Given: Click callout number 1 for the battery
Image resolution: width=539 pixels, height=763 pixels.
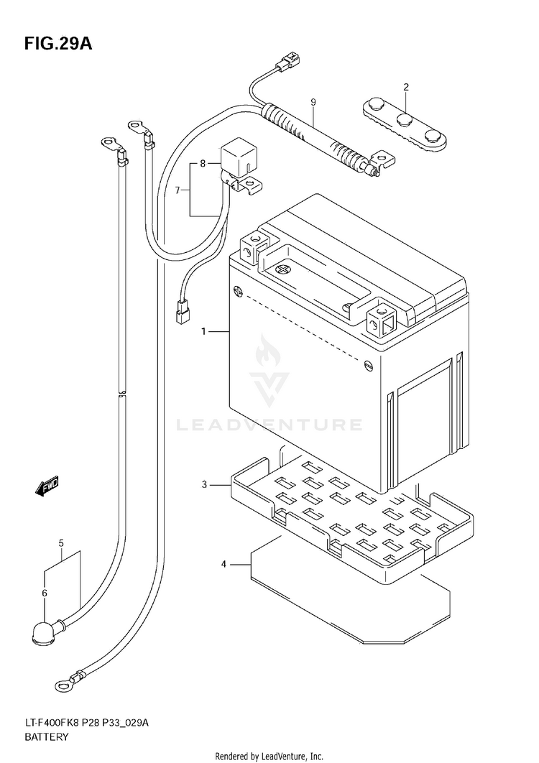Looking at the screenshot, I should point(204,331).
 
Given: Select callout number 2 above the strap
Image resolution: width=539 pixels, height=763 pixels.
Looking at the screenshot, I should point(405,88).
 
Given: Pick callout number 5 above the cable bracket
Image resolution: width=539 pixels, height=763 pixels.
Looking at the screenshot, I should point(44,593).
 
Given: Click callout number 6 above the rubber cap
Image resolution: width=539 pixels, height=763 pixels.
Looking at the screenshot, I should point(178,190).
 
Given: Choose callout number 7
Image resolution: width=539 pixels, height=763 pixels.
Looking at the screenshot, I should point(203,164).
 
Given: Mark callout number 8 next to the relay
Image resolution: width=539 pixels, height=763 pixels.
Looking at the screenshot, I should point(313,103).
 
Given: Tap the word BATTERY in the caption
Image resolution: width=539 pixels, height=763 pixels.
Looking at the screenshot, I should point(270,425).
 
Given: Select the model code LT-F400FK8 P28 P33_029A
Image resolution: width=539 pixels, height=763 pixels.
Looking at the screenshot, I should point(269,757).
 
